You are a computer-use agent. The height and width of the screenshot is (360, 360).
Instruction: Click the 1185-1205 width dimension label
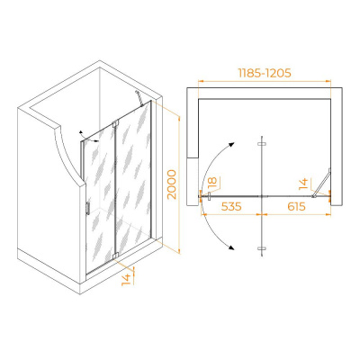[265, 73]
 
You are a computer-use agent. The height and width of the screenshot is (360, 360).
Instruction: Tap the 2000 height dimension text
[172, 184]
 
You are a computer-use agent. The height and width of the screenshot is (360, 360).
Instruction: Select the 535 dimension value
[231, 206]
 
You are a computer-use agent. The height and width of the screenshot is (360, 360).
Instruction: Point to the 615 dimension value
[295, 206]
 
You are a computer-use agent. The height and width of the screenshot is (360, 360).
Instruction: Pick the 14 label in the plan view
[303, 184]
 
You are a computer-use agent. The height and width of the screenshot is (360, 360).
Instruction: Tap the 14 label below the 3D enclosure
[127, 279]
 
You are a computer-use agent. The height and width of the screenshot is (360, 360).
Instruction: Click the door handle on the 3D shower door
[87, 208]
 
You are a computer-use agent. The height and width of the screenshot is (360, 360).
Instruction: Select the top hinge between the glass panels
[115, 123]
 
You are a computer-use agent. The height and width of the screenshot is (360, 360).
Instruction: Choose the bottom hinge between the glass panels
[115, 256]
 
